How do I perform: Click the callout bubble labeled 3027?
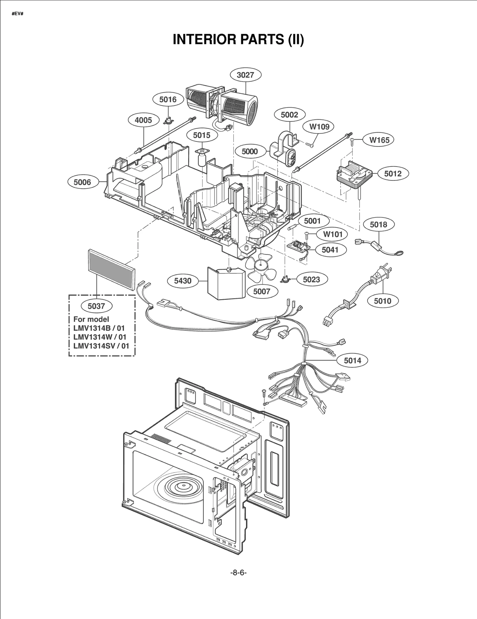(x=245, y=75)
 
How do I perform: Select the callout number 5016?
(x=168, y=99)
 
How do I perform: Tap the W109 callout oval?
(x=319, y=127)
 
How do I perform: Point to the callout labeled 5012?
(x=393, y=174)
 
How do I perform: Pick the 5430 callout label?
(x=183, y=281)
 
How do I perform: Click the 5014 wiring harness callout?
(x=352, y=360)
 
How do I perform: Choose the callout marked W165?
(x=379, y=140)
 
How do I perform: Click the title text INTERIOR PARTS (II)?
(x=238, y=39)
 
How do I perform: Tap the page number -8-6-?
(x=238, y=572)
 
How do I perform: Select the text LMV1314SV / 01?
(x=101, y=346)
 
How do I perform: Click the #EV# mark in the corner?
(x=18, y=14)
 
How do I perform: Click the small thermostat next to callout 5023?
(x=286, y=279)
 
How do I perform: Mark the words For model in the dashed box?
(x=91, y=319)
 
